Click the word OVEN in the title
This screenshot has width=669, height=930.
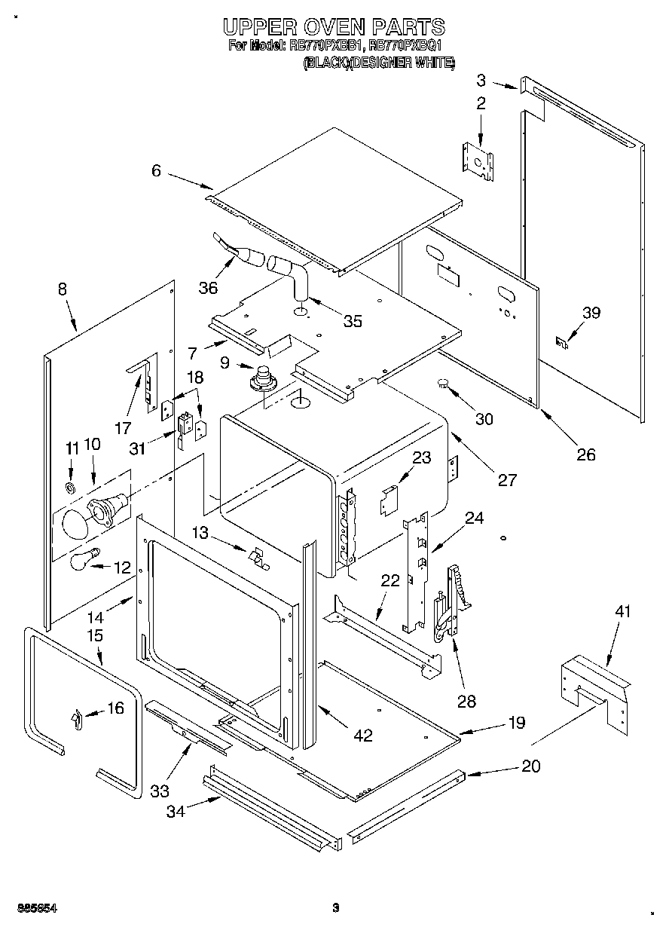tap(334, 28)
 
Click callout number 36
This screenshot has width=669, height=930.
tap(208, 288)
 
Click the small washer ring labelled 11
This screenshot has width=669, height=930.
tap(72, 488)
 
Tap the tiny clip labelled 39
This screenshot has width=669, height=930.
tap(561, 341)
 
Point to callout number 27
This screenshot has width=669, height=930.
tap(508, 479)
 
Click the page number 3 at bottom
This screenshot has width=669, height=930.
tap(336, 908)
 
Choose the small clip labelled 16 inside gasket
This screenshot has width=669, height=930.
tap(76, 719)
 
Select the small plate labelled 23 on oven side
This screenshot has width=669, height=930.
tap(389, 500)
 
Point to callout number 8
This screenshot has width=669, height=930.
tap(62, 289)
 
